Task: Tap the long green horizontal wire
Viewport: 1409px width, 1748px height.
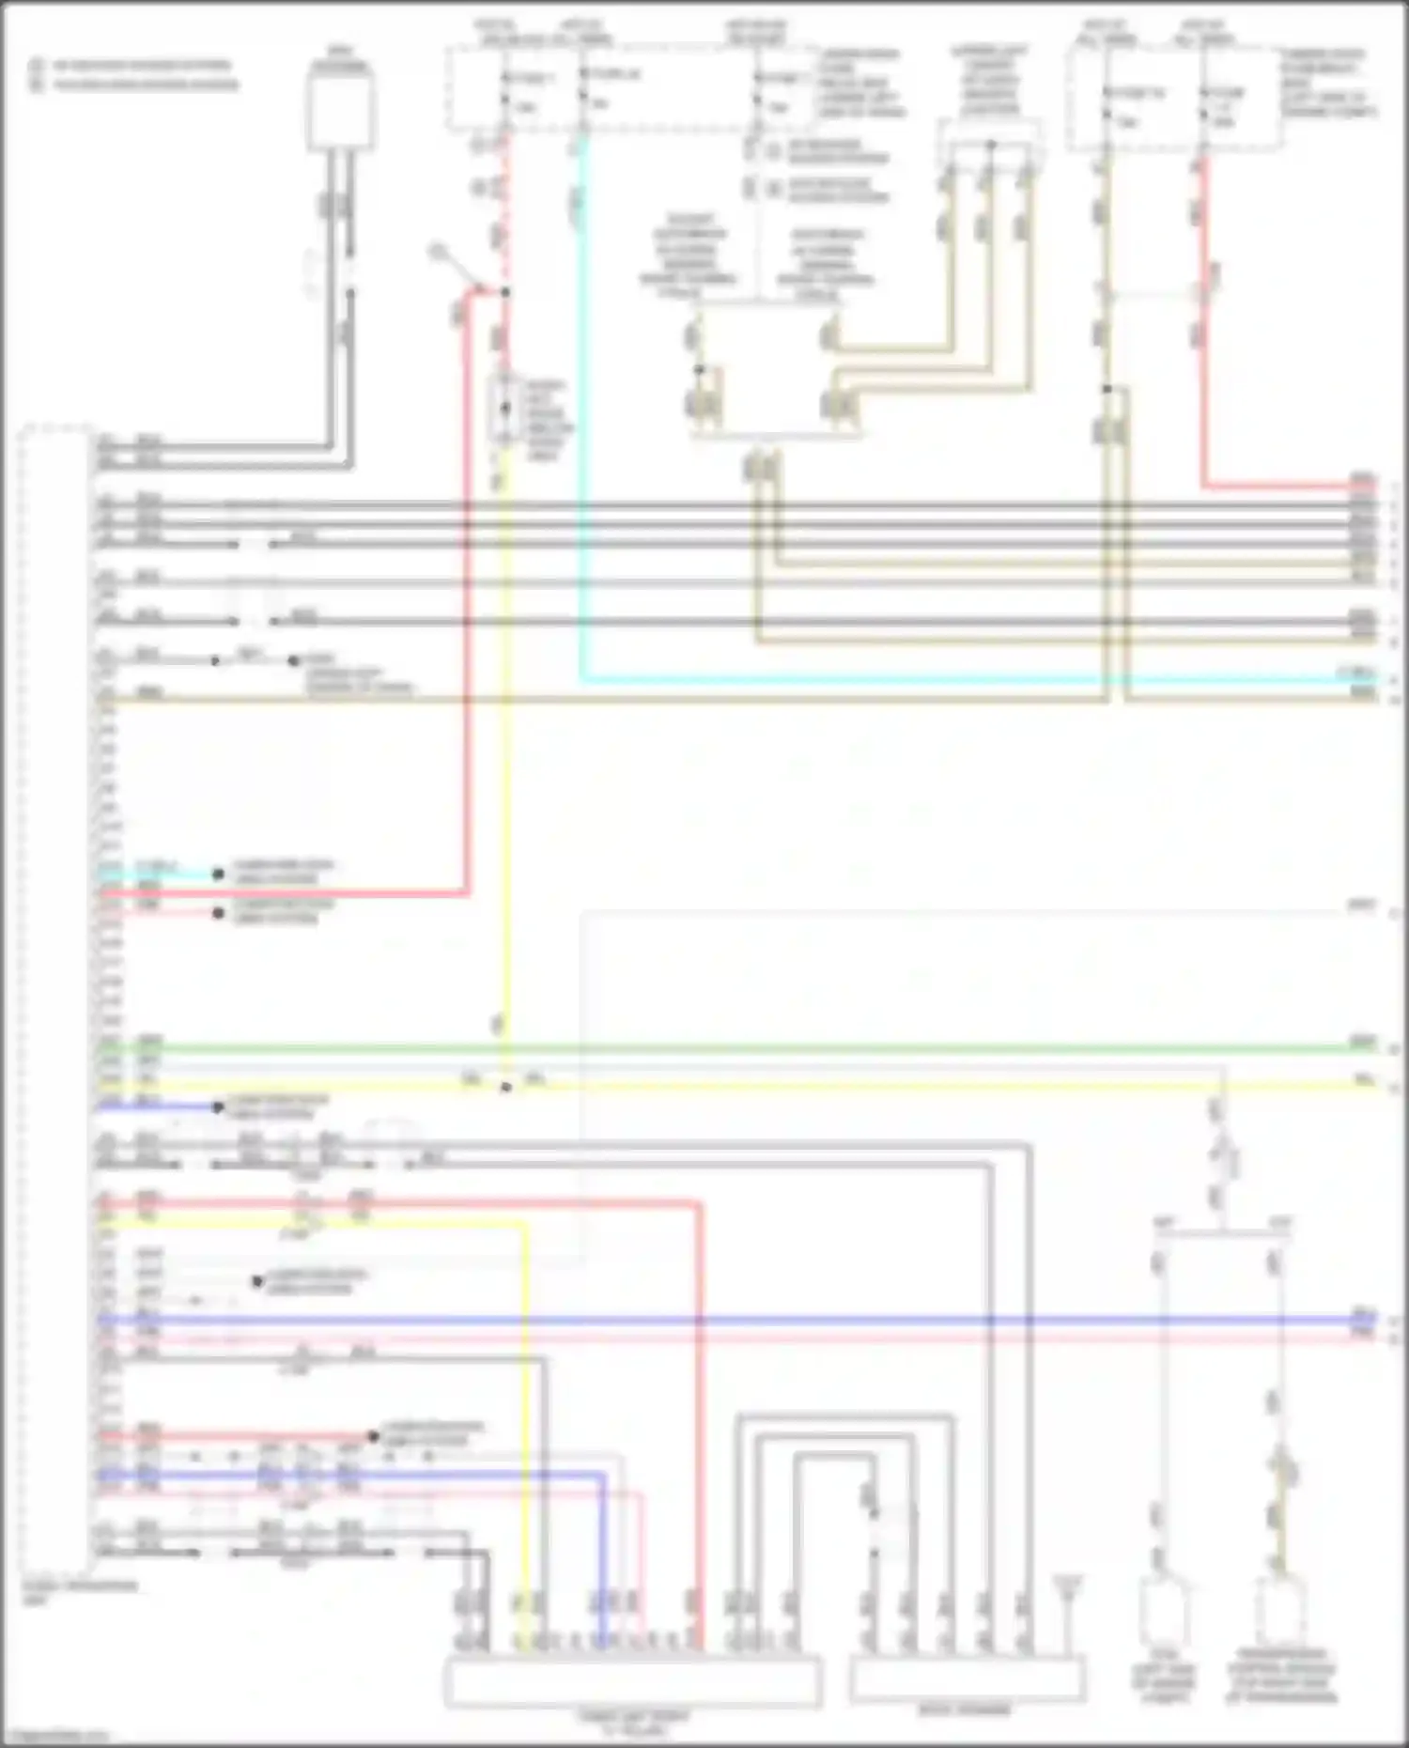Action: click(x=751, y=1047)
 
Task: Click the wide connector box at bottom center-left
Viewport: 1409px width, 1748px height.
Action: click(x=632, y=1682)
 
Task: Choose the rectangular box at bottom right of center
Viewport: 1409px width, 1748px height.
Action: click(x=968, y=1679)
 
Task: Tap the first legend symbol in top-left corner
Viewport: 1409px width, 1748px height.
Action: click(x=38, y=66)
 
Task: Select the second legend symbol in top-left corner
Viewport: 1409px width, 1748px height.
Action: click(x=38, y=85)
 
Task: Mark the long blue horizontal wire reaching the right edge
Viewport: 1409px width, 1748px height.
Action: click(x=751, y=1319)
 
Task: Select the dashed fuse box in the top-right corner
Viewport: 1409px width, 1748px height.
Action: click(x=1174, y=99)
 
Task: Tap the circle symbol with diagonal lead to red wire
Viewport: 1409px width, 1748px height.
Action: click(x=438, y=252)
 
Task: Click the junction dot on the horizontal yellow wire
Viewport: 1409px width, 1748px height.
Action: click(x=505, y=1087)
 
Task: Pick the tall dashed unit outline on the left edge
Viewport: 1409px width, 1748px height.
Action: click(x=56, y=1005)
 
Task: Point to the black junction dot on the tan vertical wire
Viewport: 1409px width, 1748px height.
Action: click(x=1107, y=389)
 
